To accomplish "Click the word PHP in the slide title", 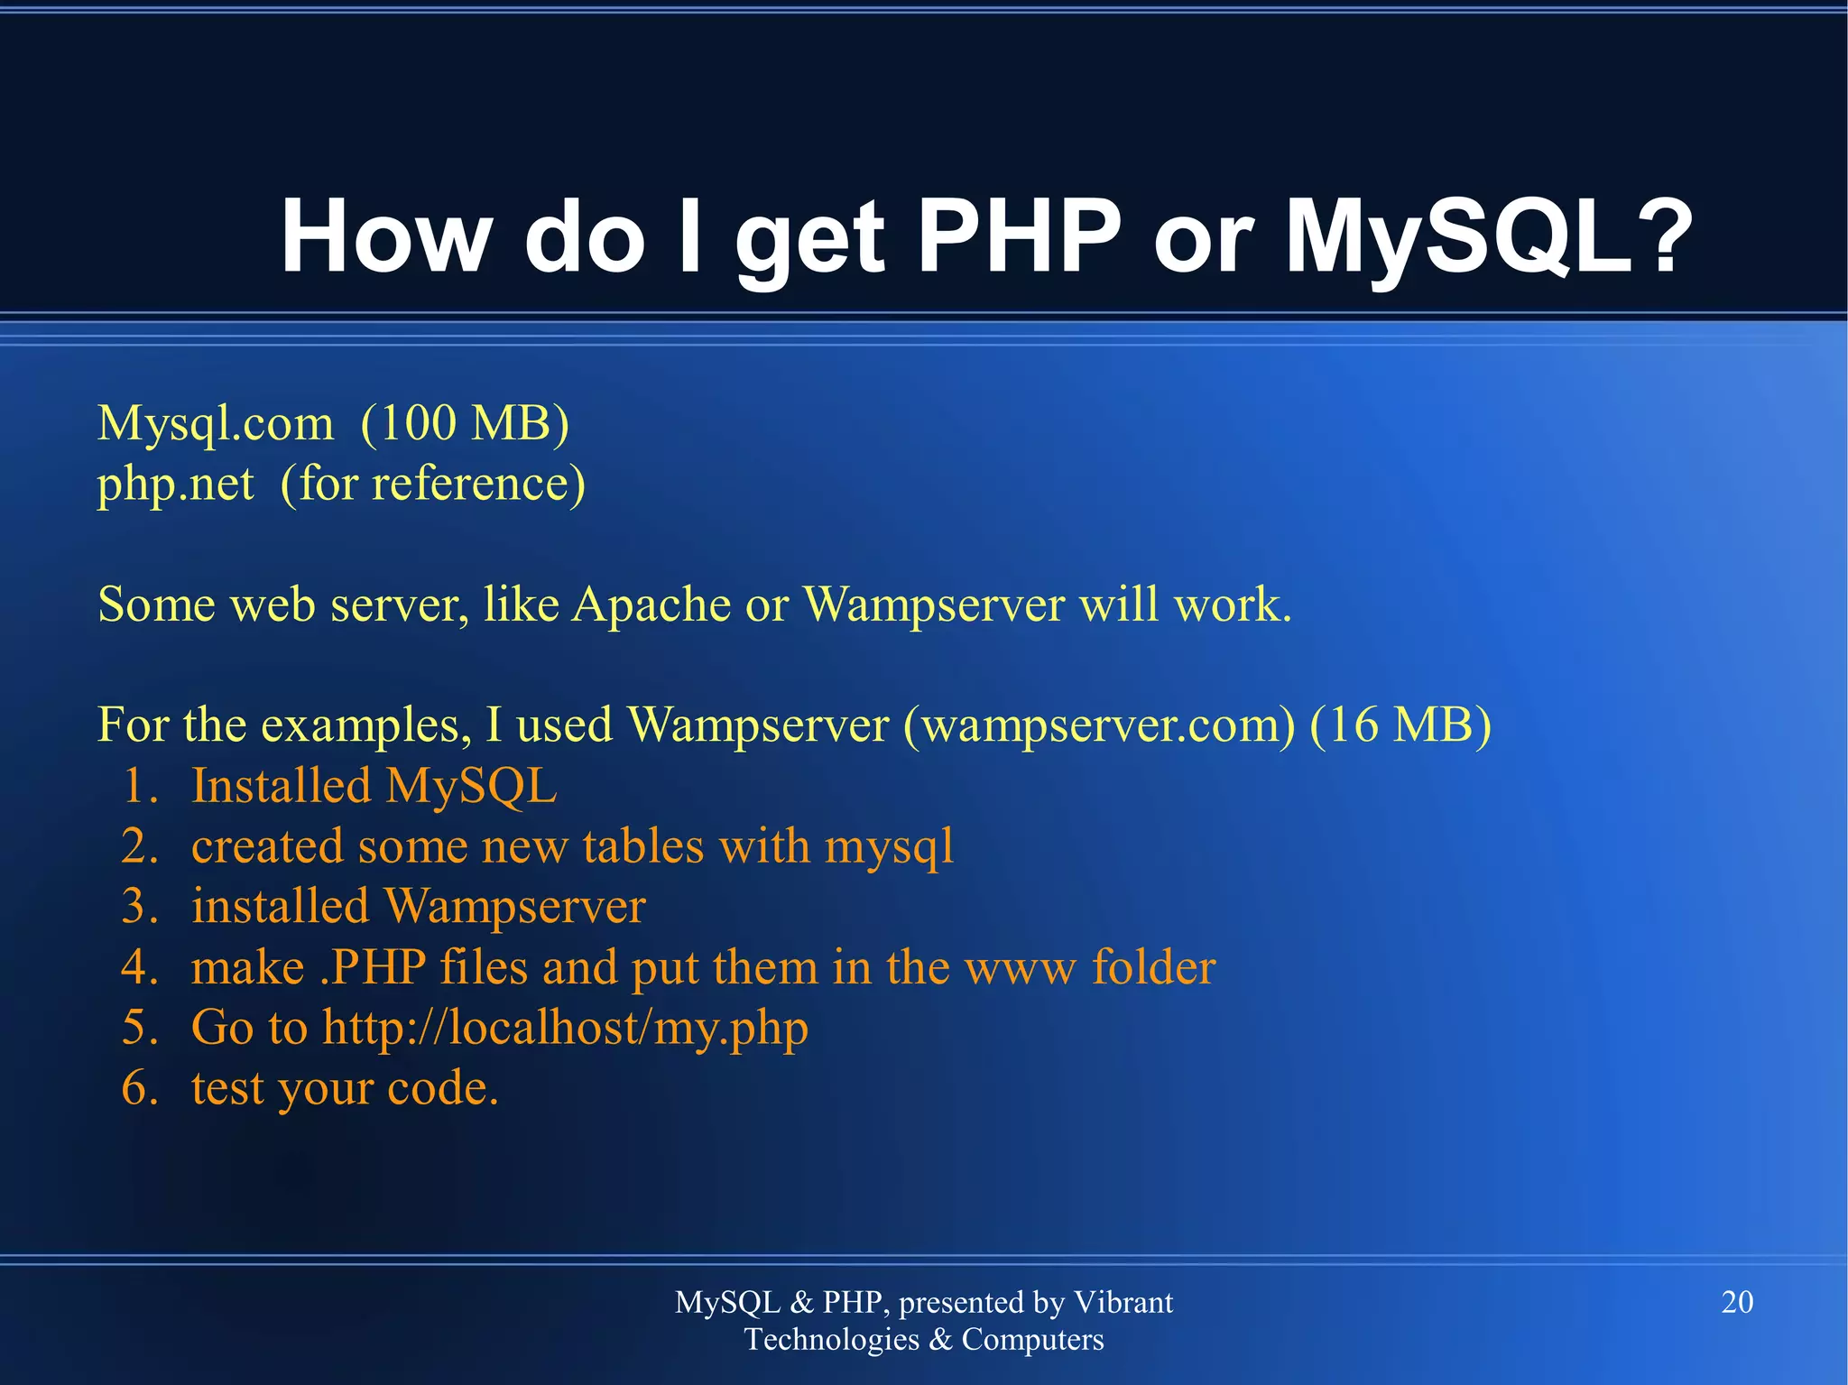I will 1019,236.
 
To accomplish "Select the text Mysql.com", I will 216,423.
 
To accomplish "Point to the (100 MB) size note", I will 465,423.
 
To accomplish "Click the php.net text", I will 175,485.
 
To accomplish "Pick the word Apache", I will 651,605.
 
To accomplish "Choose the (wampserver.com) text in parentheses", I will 1099,725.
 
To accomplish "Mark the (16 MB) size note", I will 1400,725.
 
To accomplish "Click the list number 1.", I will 139,786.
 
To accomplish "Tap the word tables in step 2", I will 642,847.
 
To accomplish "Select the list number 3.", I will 139,907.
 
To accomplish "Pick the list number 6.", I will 139,1088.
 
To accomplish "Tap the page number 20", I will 1737,1302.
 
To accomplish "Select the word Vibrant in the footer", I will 1123,1302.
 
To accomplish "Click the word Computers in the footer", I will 1032,1340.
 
